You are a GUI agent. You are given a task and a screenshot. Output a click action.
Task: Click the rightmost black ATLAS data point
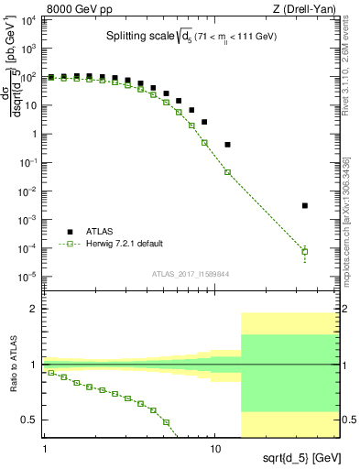coord(305,205)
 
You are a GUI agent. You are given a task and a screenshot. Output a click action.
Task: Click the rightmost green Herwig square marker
coord(305,251)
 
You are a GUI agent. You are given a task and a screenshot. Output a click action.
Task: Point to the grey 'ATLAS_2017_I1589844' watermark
coord(191,273)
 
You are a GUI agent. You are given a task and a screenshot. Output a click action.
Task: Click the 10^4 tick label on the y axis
coord(28,21)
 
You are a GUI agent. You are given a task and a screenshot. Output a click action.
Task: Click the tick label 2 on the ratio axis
coord(34,310)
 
